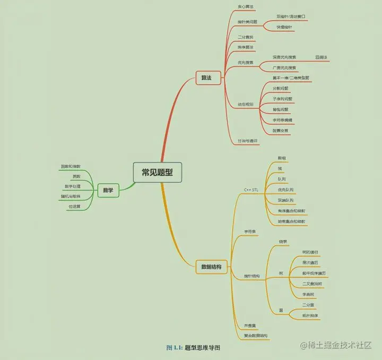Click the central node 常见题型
157,172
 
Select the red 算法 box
203,78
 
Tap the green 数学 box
107,190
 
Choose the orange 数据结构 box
211,267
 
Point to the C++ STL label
251,190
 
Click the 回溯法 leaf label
321,57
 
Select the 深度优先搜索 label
284,57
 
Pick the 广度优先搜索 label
284,68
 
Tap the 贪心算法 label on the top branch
245,7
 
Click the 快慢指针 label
284,27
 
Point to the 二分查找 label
246,37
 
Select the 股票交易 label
282,130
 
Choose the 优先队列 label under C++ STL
285,190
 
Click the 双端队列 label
285,200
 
